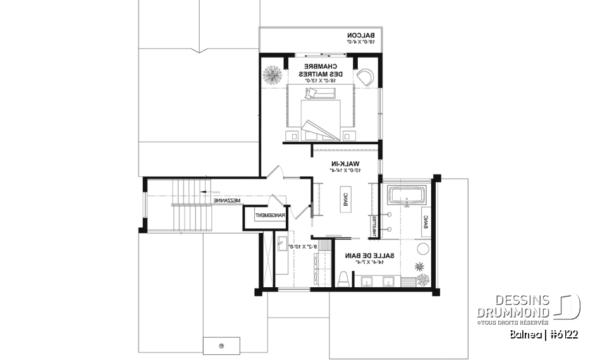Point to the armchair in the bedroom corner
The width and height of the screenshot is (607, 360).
coord(366,78)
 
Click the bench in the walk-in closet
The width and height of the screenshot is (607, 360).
coord(346,199)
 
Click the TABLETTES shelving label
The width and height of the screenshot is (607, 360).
coord(374,226)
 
